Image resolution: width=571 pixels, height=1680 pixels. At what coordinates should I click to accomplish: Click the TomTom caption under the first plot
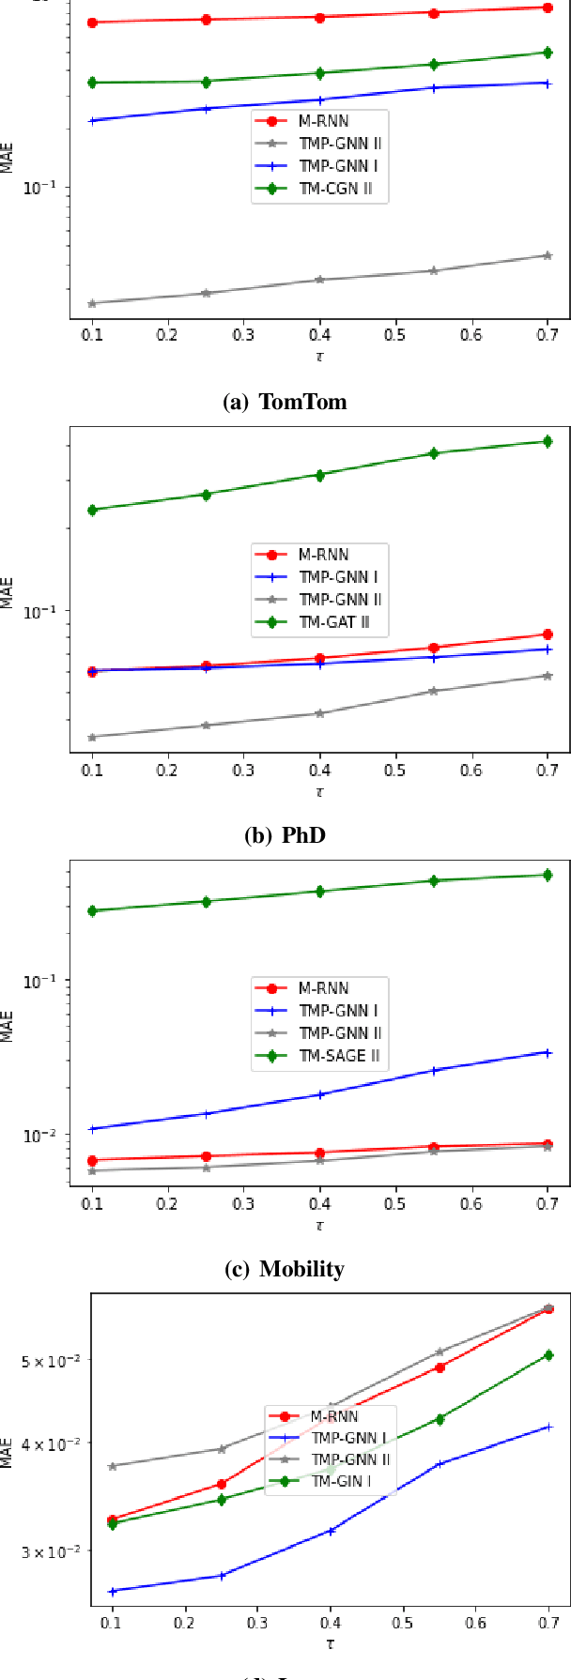(x=285, y=403)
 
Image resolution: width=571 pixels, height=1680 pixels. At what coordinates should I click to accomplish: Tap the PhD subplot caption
(x=285, y=834)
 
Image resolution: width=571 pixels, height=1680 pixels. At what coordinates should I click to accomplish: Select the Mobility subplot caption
(x=285, y=1269)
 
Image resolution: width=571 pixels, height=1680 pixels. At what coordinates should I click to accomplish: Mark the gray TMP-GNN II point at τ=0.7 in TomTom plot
(x=548, y=255)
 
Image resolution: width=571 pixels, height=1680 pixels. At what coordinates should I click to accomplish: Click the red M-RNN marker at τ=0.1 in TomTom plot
(x=92, y=23)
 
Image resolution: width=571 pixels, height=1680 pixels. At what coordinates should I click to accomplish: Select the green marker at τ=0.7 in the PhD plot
(x=548, y=441)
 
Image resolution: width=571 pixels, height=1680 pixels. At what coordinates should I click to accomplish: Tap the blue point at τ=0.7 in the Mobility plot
(x=548, y=1053)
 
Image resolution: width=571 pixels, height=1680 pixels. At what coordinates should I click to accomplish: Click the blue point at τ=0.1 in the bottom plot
(x=113, y=1591)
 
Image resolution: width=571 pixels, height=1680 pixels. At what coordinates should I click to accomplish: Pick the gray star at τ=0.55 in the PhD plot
(x=434, y=691)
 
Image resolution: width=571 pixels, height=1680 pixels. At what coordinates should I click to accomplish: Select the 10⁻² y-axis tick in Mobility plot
(x=46, y=1135)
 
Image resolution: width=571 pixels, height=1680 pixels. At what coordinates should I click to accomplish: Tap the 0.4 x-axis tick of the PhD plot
(x=319, y=771)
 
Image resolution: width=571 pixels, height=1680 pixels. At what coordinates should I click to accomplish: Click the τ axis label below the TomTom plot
(x=319, y=357)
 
